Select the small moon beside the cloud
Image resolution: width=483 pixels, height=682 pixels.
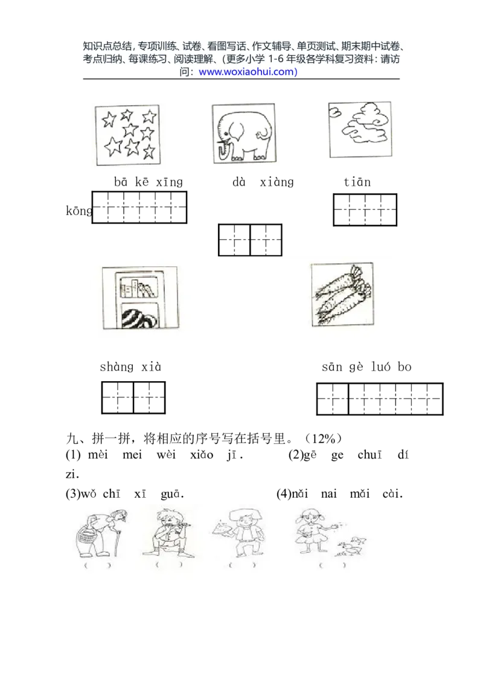[334, 111]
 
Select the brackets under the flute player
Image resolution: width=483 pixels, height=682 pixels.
[169, 565]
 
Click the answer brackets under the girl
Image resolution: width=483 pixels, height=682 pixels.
[333, 565]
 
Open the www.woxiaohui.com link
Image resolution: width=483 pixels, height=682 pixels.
[248, 72]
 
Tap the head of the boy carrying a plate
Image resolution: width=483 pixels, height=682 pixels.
[245, 517]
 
